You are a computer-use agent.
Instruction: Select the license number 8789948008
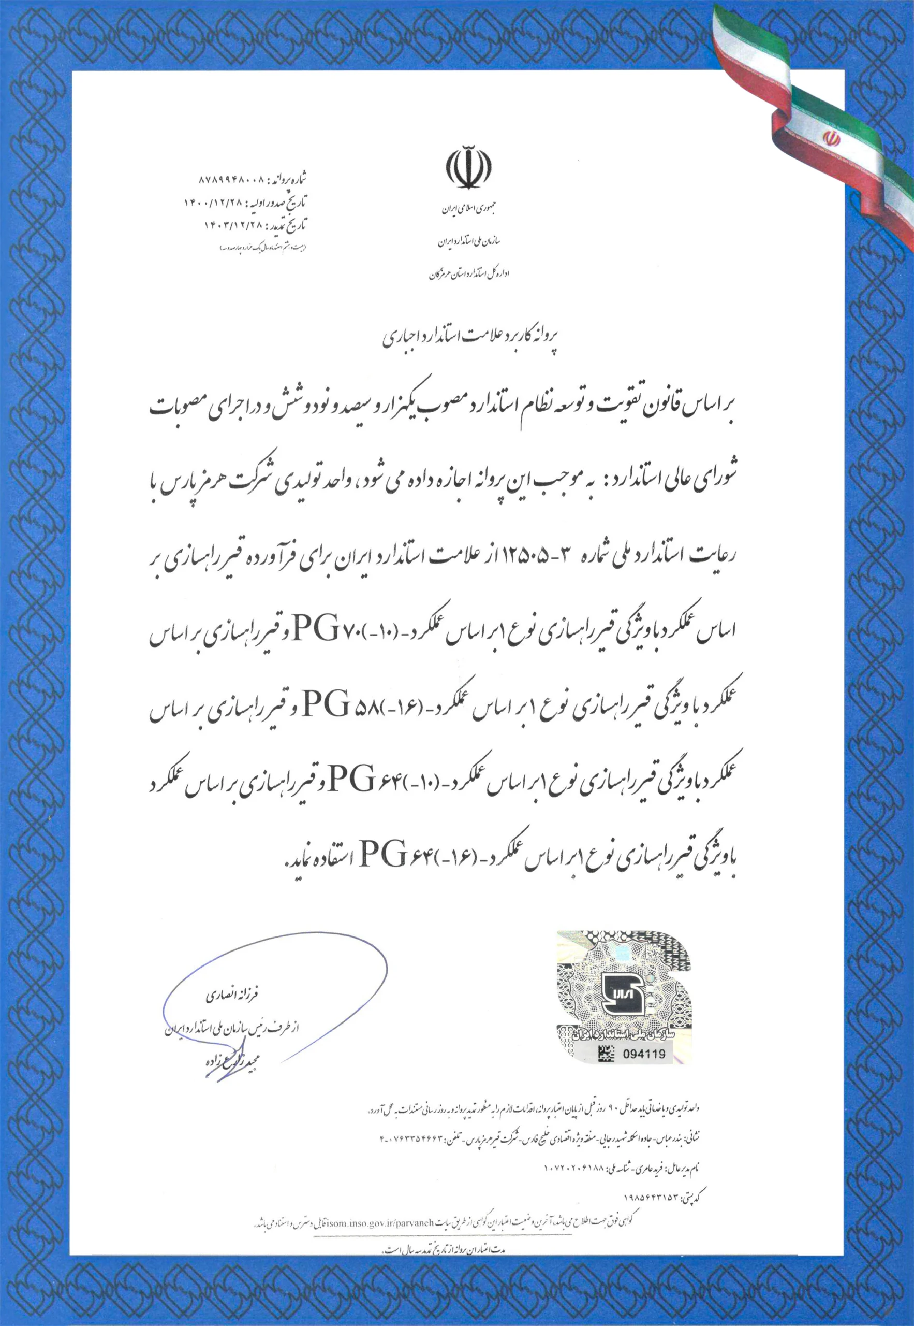[232, 180]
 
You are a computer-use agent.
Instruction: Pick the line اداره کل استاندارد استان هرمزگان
[469, 274]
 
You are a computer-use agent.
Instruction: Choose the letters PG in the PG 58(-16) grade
[326, 704]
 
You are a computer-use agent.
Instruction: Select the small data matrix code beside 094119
[606, 1053]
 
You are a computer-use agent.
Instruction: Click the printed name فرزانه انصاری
[232, 996]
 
